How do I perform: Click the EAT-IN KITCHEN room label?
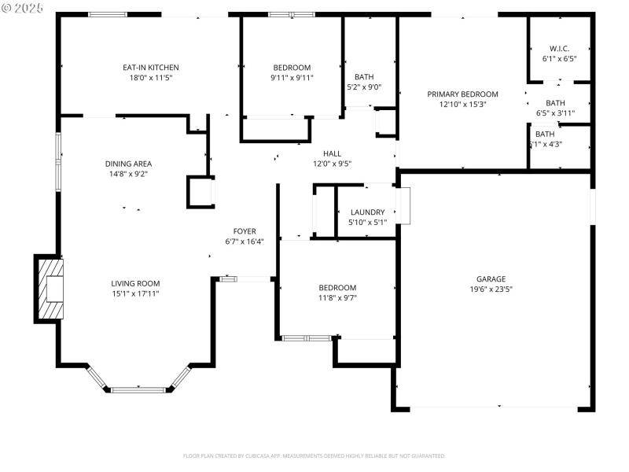point(150,68)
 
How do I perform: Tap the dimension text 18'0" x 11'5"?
point(150,79)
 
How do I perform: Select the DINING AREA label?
point(128,164)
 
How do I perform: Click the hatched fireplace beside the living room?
point(50,289)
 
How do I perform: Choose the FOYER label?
point(245,231)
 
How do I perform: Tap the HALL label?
point(332,153)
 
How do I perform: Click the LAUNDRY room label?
point(367,212)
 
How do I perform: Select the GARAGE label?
point(491,278)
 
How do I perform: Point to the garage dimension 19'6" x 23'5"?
point(491,289)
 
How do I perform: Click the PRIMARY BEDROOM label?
point(462,94)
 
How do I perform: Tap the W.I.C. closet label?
point(559,49)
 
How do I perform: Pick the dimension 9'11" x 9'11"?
point(292,78)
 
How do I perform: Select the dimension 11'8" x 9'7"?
point(337,298)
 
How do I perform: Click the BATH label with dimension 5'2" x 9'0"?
point(364,77)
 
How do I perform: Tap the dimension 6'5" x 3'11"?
point(556,113)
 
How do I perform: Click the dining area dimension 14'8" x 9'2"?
point(128,174)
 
